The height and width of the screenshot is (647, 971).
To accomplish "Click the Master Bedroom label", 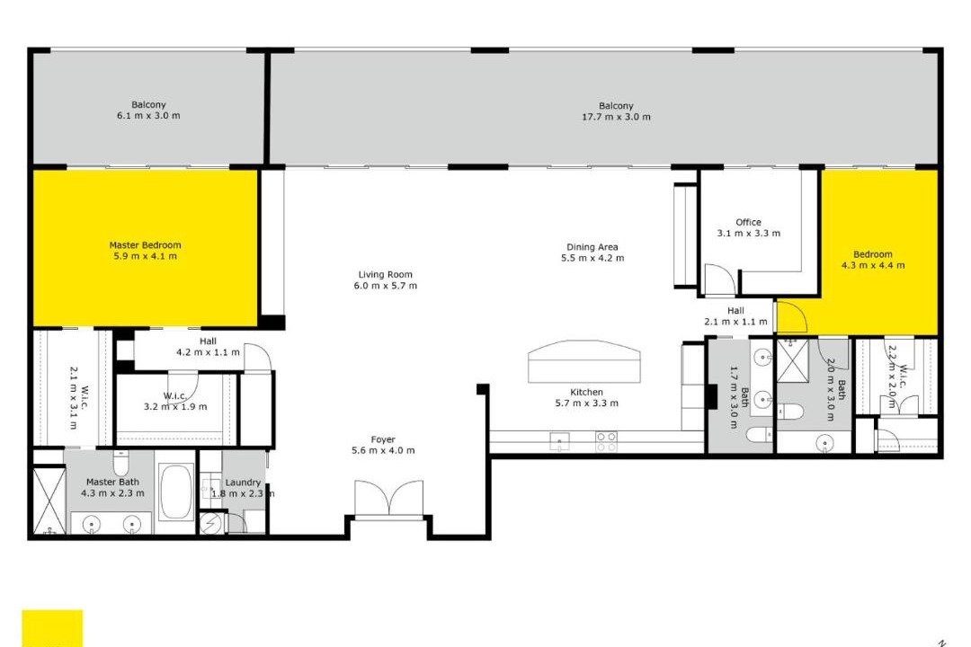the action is [x=145, y=245].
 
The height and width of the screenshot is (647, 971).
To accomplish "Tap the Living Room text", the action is [x=385, y=274].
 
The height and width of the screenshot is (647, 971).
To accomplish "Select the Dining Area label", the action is [x=592, y=247].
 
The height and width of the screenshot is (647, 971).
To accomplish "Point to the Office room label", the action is [x=748, y=222].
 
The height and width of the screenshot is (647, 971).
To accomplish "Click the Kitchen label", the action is [x=586, y=392].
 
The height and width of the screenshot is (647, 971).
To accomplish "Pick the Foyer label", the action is [x=383, y=439].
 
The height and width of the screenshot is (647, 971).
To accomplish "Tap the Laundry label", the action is [x=243, y=483].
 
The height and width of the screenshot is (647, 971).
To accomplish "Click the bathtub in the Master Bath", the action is [x=176, y=492].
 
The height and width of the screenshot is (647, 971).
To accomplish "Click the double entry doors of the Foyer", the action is [x=388, y=498].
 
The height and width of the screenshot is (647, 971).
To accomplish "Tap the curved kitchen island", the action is [x=584, y=361].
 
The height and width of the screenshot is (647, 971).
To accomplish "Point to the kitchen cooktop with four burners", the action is [x=606, y=442].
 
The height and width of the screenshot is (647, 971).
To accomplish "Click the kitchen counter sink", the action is [x=560, y=441].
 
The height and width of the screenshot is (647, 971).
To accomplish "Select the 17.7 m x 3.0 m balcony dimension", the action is [x=616, y=117].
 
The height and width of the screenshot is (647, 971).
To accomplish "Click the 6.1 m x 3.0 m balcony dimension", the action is [x=148, y=115].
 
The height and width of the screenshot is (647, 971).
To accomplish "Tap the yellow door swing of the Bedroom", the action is [x=792, y=316].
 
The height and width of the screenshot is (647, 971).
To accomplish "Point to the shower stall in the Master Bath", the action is [x=49, y=500].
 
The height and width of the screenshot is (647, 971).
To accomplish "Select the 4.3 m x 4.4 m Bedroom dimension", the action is [x=872, y=265].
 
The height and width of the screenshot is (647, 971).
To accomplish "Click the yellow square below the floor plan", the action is [x=52, y=628].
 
